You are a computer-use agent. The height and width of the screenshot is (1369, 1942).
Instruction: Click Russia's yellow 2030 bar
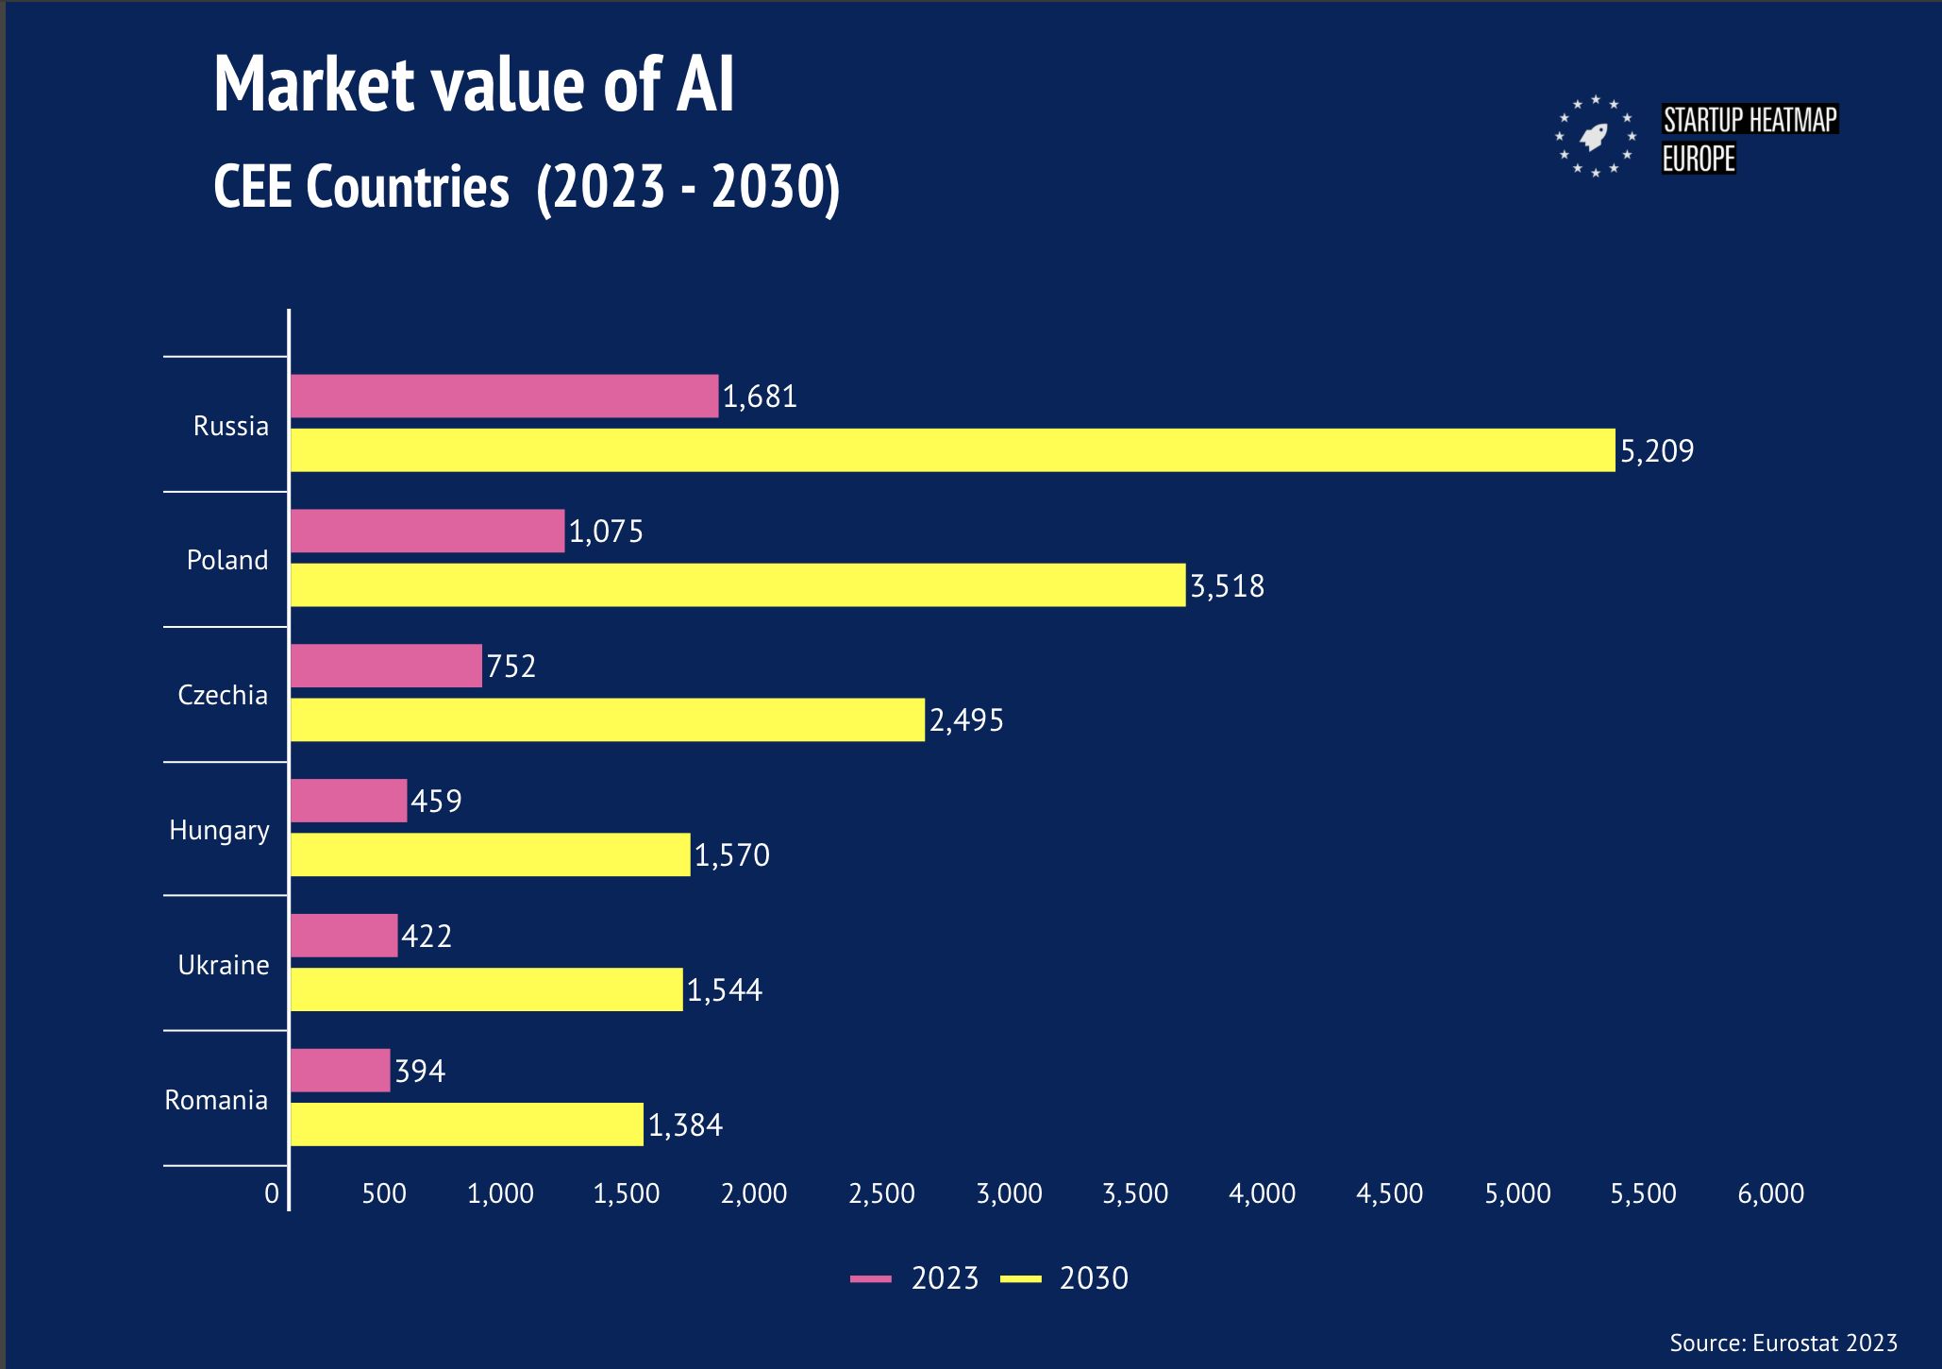[952, 450]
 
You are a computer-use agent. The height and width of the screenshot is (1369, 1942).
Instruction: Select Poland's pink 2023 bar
[427, 531]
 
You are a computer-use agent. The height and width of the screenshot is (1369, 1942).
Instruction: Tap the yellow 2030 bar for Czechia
[607, 719]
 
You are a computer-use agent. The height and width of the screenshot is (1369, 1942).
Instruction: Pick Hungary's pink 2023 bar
[348, 801]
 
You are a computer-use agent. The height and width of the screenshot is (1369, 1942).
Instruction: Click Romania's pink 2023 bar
[340, 1071]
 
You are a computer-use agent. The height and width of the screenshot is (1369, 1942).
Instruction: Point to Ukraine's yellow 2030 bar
[486, 989]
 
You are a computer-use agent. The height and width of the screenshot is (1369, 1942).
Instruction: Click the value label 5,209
[1657, 451]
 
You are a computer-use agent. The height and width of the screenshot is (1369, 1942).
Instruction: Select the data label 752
[511, 667]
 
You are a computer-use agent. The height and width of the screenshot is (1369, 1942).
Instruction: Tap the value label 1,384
[685, 1125]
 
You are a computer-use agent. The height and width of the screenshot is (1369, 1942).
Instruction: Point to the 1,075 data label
[606, 532]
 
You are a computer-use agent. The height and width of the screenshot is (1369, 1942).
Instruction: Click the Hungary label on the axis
[219, 830]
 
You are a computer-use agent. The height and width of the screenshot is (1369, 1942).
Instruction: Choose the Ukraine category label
[224, 965]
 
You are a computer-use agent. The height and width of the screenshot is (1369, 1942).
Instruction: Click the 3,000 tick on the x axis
[1009, 1193]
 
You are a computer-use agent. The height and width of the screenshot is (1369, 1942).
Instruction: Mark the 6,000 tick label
[1770, 1193]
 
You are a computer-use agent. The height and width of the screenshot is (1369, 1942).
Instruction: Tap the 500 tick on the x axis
[384, 1193]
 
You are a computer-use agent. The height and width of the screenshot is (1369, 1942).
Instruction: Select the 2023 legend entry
[915, 1278]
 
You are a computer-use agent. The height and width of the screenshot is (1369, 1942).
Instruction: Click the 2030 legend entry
[1064, 1278]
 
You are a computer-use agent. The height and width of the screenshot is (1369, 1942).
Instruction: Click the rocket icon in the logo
[1595, 137]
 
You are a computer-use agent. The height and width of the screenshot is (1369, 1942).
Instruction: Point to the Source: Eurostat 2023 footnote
[1783, 1343]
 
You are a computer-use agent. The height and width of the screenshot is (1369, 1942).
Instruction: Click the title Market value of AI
[474, 85]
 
